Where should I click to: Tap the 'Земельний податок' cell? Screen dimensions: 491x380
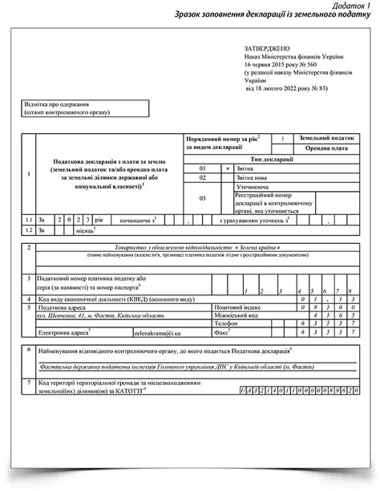(323, 138)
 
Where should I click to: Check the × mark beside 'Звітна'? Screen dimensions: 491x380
(228, 168)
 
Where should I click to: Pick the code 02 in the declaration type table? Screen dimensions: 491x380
(203, 178)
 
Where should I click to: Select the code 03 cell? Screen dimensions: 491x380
(203, 198)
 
